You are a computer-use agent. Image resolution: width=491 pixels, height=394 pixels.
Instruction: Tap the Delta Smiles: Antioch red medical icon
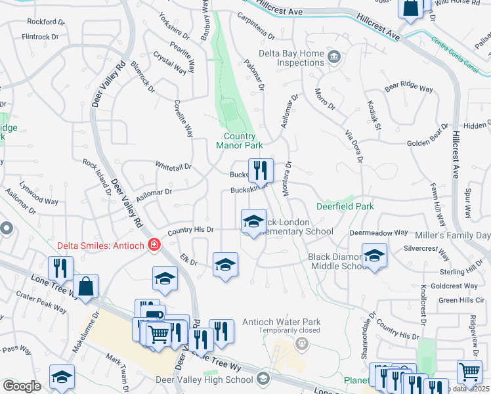[154, 245]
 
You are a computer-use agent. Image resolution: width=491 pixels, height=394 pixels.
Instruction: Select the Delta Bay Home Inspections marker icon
[335, 56]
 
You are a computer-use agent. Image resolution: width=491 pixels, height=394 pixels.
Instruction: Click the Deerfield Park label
[345, 206]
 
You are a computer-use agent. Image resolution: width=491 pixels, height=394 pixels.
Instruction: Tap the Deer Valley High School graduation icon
[263, 379]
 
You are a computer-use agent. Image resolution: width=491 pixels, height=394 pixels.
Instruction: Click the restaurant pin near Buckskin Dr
[261, 171]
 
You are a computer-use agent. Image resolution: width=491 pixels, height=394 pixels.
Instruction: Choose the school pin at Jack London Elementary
[253, 221]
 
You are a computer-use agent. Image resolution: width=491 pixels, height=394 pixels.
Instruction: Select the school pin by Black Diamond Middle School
[374, 255]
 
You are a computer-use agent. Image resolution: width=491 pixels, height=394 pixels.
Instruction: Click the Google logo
[22, 385]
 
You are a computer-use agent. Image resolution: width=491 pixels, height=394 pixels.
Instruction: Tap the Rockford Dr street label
[47, 22]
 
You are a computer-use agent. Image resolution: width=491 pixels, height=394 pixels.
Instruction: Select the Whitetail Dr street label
[173, 167]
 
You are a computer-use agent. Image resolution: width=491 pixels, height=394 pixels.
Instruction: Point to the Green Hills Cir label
[461, 300]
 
